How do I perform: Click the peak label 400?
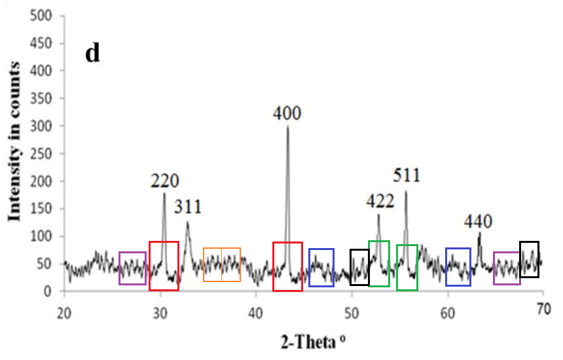[287, 114]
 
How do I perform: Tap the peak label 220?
[164, 181]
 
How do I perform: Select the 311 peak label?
[188, 207]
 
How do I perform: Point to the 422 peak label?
[380, 202]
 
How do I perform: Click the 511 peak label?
[407, 175]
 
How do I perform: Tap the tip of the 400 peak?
[287, 126]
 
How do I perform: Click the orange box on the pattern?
[222, 265]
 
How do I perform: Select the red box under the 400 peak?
[287, 266]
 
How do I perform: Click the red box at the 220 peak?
[164, 266]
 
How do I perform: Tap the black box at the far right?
[529, 259]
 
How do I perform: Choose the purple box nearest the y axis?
[133, 268]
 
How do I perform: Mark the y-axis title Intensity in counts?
[13, 154]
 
